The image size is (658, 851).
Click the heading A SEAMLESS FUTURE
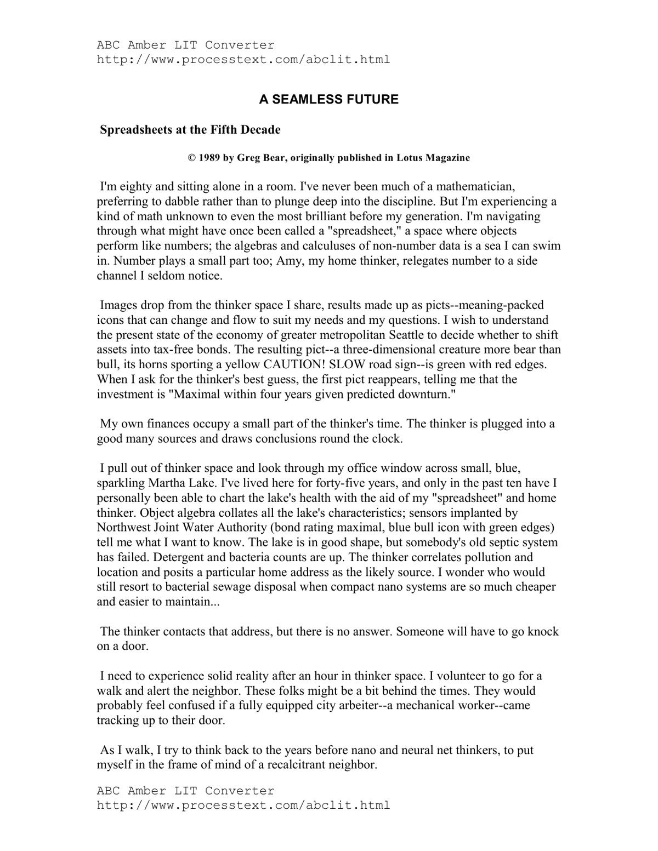(328, 100)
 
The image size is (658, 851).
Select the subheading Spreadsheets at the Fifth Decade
(190, 130)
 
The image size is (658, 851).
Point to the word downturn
(422, 394)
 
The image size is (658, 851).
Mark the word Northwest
(123, 528)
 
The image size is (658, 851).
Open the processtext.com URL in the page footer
(243, 806)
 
